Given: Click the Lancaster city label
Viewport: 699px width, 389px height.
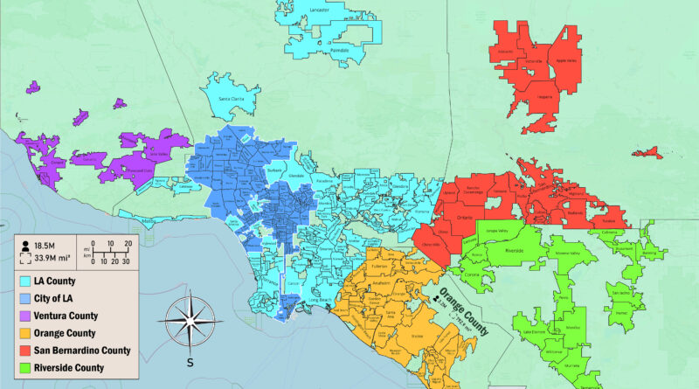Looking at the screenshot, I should click(319, 10).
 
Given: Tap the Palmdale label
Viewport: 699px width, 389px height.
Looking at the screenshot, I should click(339, 51).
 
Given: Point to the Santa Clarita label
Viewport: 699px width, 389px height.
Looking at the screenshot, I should click(232, 99).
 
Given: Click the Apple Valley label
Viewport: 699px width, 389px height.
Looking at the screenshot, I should click(565, 60).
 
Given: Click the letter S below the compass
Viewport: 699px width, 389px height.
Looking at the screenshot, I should click(190, 360).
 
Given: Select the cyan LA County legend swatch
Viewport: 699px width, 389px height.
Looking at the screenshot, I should click(26, 281).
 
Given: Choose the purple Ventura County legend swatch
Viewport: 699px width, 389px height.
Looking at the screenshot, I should click(26, 316).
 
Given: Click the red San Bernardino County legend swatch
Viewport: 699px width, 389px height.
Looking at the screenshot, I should click(26, 351).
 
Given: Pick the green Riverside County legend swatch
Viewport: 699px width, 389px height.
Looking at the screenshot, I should click(26, 367).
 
